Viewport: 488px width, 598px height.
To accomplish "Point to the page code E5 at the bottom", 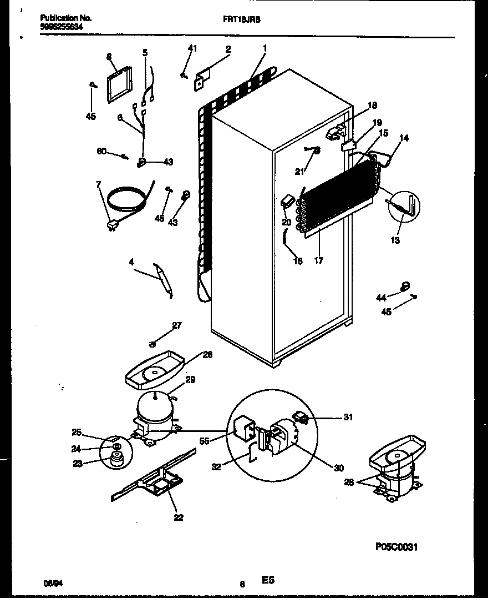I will tap(268, 581).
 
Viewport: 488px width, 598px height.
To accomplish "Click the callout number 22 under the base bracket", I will tap(178, 517).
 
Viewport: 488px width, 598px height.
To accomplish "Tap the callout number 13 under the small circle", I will tap(395, 240).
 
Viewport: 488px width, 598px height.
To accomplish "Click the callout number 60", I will tap(101, 151).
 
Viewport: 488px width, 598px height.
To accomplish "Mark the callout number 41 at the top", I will tap(192, 49).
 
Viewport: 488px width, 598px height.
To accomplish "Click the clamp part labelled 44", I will tap(405, 287).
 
